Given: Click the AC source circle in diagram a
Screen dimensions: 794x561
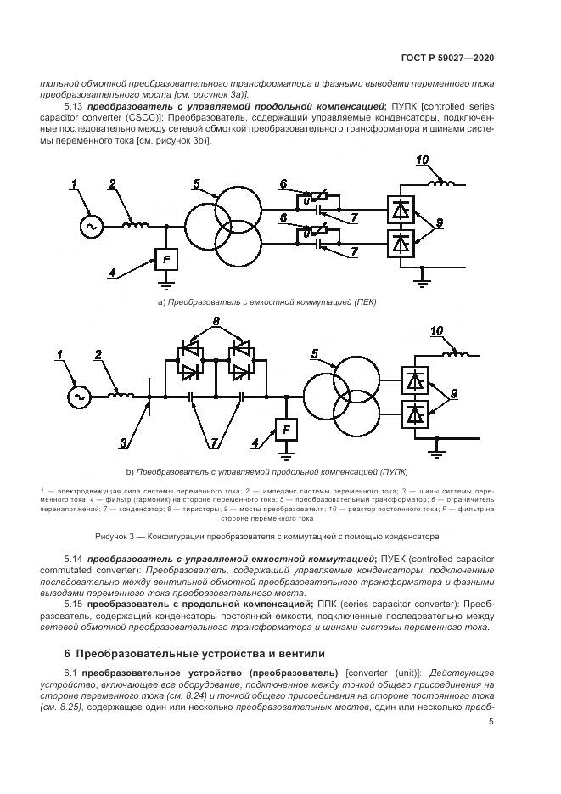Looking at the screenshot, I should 89,226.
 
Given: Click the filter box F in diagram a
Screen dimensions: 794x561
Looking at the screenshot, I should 165,258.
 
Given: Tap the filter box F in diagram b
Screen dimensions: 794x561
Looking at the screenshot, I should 287,431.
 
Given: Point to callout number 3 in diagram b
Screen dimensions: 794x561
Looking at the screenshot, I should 125,442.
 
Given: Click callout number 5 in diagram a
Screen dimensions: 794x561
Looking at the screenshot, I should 196,184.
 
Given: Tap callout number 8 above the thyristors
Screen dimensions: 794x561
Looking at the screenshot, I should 216,322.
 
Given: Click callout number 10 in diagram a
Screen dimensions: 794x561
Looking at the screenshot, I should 423,160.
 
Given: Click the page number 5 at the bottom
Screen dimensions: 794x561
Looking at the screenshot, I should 491,723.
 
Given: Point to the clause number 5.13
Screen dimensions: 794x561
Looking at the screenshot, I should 73,108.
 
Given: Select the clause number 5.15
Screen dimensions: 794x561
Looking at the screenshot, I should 73,603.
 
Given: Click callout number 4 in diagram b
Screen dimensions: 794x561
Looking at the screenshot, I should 255,442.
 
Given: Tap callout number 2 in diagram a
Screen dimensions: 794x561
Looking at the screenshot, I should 113,184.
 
